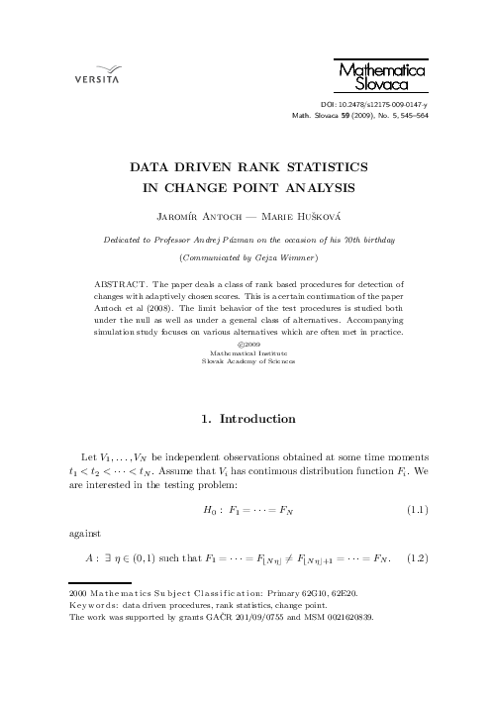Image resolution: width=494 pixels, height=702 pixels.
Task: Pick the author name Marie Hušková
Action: [x=301, y=218]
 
